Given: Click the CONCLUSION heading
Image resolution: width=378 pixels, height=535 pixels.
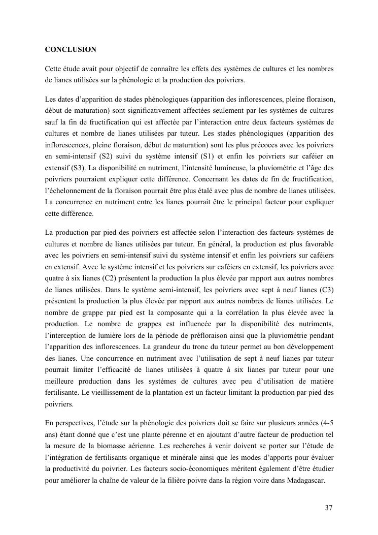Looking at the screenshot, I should click(71, 50).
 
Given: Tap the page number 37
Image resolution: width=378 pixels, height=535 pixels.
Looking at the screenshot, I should click(329, 508).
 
